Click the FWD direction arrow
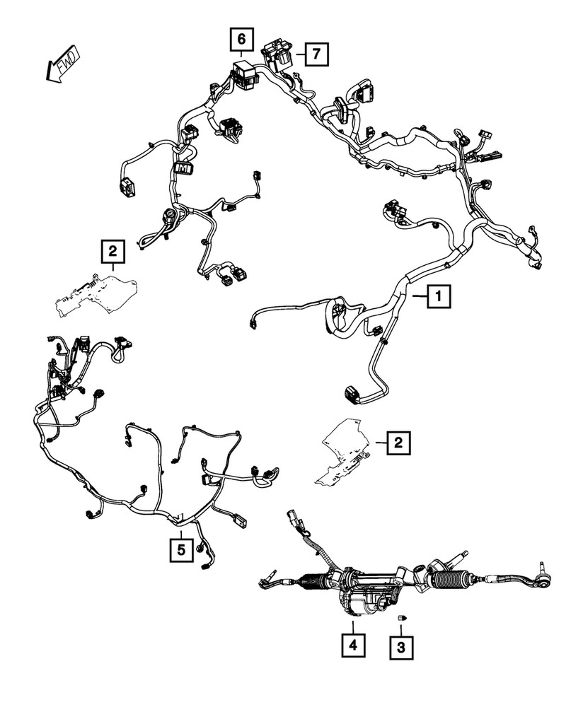coord(64,64)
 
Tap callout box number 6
coord(241,39)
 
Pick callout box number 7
coord(316,54)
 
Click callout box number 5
coord(181,550)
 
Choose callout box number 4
coord(353,645)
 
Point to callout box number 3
coord(401,648)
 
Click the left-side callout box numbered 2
coord(112,251)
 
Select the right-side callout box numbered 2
coord(398,443)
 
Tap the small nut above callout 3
coord(401,618)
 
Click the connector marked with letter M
coord(183,168)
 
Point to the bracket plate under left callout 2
coord(96,294)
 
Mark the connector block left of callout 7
coord(277,55)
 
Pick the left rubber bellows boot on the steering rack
coord(313,582)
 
